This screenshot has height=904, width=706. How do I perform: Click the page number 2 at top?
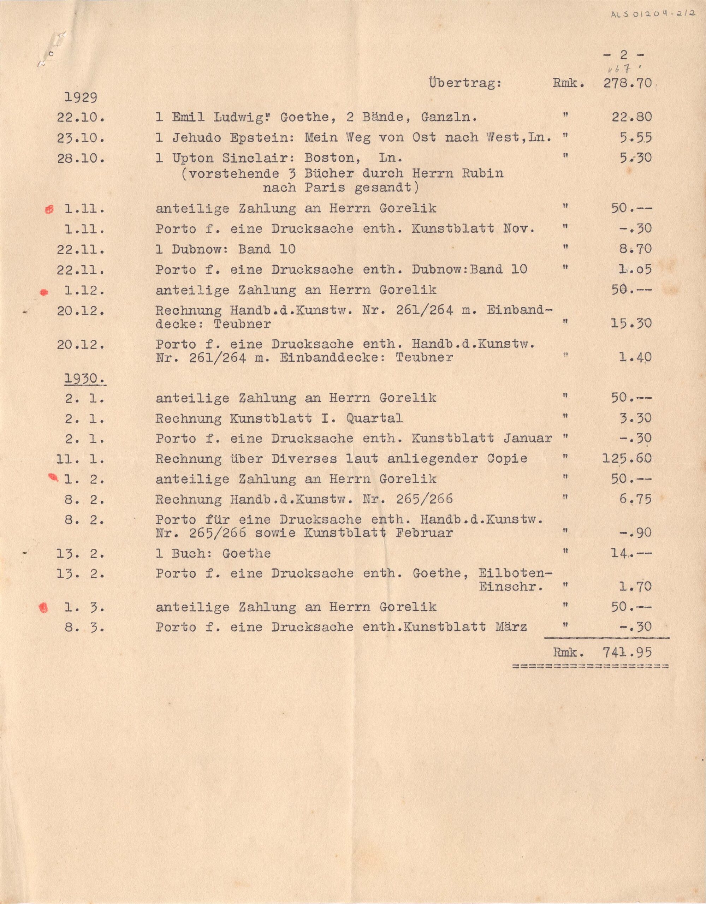(x=624, y=55)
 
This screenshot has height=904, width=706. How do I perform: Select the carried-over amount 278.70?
(x=627, y=84)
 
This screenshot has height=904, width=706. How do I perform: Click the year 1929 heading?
(x=81, y=98)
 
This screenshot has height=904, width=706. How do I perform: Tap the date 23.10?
(x=81, y=138)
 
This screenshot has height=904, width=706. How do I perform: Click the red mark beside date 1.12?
(x=44, y=293)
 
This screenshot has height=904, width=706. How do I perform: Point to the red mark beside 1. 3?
(x=43, y=608)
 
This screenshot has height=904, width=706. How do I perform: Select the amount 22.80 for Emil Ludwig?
(x=631, y=117)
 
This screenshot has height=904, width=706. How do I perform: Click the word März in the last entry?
(x=511, y=627)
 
